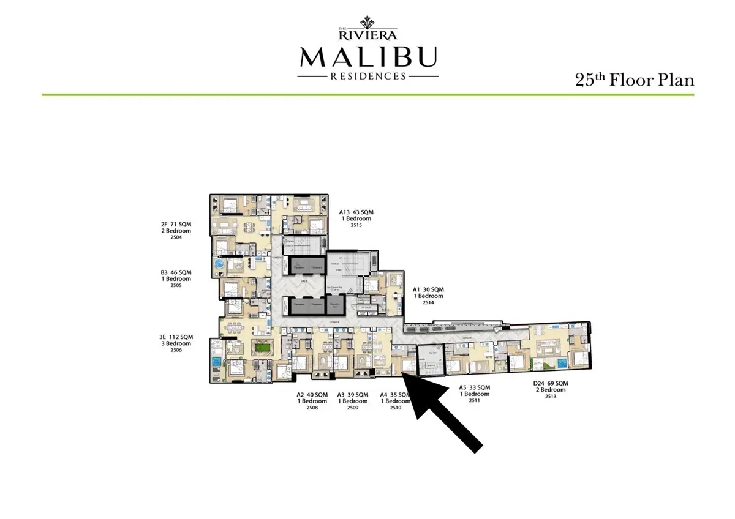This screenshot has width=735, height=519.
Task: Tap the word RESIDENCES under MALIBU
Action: [x=367, y=77]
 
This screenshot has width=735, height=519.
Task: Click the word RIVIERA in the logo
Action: [x=367, y=34]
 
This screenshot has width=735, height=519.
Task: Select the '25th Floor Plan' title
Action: [x=634, y=80]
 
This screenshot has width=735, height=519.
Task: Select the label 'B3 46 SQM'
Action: [x=176, y=272]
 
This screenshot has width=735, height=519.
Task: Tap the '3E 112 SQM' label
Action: [x=176, y=337]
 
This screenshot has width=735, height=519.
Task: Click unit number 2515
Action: [x=356, y=225]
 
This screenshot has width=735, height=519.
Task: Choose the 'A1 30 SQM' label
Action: [x=428, y=289]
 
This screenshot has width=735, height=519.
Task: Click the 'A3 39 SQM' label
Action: [x=353, y=395]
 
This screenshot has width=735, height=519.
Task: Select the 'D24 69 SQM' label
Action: [x=551, y=383]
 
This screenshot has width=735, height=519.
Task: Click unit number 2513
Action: [x=551, y=397]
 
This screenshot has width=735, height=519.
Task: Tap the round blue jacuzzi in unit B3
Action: [x=219, y=264]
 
